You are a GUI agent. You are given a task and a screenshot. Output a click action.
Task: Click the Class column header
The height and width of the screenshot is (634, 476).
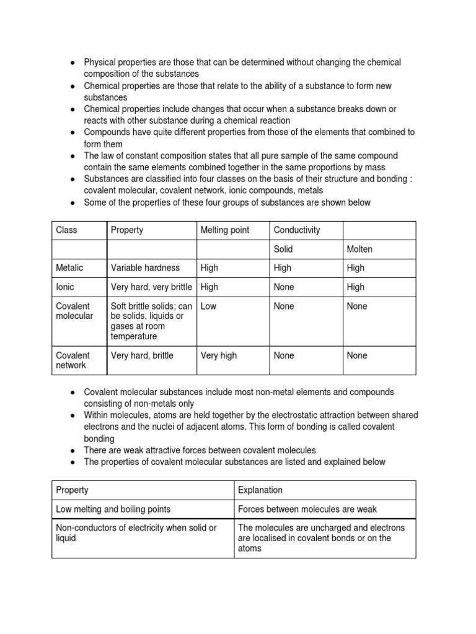tap(67, 230)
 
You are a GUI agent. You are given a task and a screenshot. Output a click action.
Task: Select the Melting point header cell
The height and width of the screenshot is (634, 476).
tap(225, 230)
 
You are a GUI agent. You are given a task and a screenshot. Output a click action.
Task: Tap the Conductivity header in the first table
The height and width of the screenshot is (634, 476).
tap(297, 230)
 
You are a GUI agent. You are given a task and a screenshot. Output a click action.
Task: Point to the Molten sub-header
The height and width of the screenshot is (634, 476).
tap(360, 249)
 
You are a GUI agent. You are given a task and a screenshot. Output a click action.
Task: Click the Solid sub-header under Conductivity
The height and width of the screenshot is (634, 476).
tap(284, 249)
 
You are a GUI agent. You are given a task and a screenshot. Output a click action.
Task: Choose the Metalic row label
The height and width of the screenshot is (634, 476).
tap(69, 267)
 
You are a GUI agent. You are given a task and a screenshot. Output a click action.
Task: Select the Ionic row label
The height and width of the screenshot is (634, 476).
tap(65, 287)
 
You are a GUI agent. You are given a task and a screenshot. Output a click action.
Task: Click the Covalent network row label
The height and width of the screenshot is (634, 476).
tap(73, 360)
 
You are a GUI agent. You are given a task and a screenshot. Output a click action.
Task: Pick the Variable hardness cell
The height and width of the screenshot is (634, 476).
tap(145, 267)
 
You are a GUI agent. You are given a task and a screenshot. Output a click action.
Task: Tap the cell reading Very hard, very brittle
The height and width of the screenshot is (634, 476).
tap(151, 287)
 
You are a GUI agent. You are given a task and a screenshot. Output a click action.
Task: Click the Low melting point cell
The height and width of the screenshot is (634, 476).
tap(208, 306)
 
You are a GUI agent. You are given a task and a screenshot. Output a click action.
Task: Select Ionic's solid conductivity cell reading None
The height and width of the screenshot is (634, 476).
tap(284, 287)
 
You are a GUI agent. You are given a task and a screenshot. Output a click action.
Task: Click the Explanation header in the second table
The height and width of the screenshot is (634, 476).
tap(260, 490)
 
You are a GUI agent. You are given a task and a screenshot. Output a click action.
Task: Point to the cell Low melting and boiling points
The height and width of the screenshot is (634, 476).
tap(113, 509)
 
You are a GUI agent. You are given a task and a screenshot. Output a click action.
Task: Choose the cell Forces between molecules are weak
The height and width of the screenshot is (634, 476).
tap(307, 509)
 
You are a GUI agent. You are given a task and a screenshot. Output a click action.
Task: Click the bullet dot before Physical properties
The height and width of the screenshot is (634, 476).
tap(73, 63)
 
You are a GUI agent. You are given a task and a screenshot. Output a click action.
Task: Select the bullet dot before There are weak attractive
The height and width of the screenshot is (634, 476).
tap(73, 451)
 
